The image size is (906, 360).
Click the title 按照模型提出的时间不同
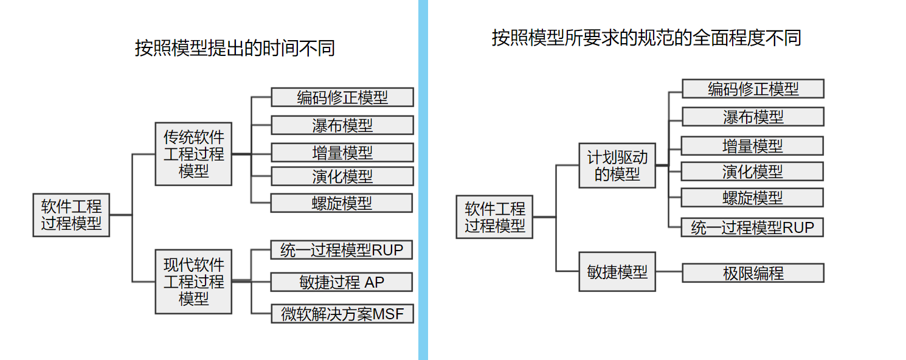pos(235,48)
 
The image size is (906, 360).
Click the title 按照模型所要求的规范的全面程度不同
pos(646,38)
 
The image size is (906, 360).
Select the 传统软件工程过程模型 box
pos(193,154)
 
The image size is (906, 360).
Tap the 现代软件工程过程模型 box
pos(193,282)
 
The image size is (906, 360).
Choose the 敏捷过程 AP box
pos(342,282)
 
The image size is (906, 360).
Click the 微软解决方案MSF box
pos(342,314)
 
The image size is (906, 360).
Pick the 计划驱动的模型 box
pos(617,166)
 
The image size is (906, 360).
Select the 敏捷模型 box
pos(617,272)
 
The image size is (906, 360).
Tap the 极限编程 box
pos(753,273)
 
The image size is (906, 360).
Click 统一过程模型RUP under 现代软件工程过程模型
pos(342,250)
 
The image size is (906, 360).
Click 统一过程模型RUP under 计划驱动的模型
pos(753,227)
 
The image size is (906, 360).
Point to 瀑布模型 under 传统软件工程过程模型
pos(342,125)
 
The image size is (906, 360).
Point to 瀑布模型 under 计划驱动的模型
pos(753,117)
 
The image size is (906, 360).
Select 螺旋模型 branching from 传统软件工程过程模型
pos(342,203)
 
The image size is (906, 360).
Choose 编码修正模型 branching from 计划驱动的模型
pos(753,89)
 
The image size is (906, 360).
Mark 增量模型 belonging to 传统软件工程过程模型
pos(342,152)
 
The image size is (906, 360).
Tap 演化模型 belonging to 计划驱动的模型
pos(753,171)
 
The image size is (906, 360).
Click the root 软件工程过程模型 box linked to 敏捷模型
pos(494,217)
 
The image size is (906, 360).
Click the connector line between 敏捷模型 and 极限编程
pos(669,272)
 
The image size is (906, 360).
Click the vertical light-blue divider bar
pos(423,180)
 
